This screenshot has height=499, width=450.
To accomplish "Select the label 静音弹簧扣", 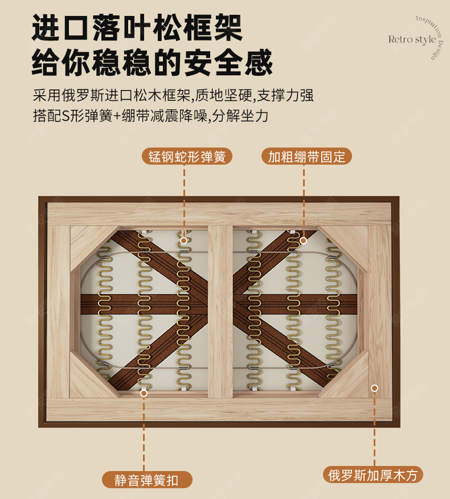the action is [146, 480].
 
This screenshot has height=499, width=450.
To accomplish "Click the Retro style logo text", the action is [412, 39].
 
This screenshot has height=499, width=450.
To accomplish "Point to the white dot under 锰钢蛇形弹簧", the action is [184, 240].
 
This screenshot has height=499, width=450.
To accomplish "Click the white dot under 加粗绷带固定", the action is [304, 240].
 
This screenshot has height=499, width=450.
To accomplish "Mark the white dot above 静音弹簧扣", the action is [144, 393].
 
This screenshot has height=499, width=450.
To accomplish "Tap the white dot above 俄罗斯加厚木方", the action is [374, 388].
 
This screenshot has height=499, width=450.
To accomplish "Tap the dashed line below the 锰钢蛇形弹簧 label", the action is [184, 199].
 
